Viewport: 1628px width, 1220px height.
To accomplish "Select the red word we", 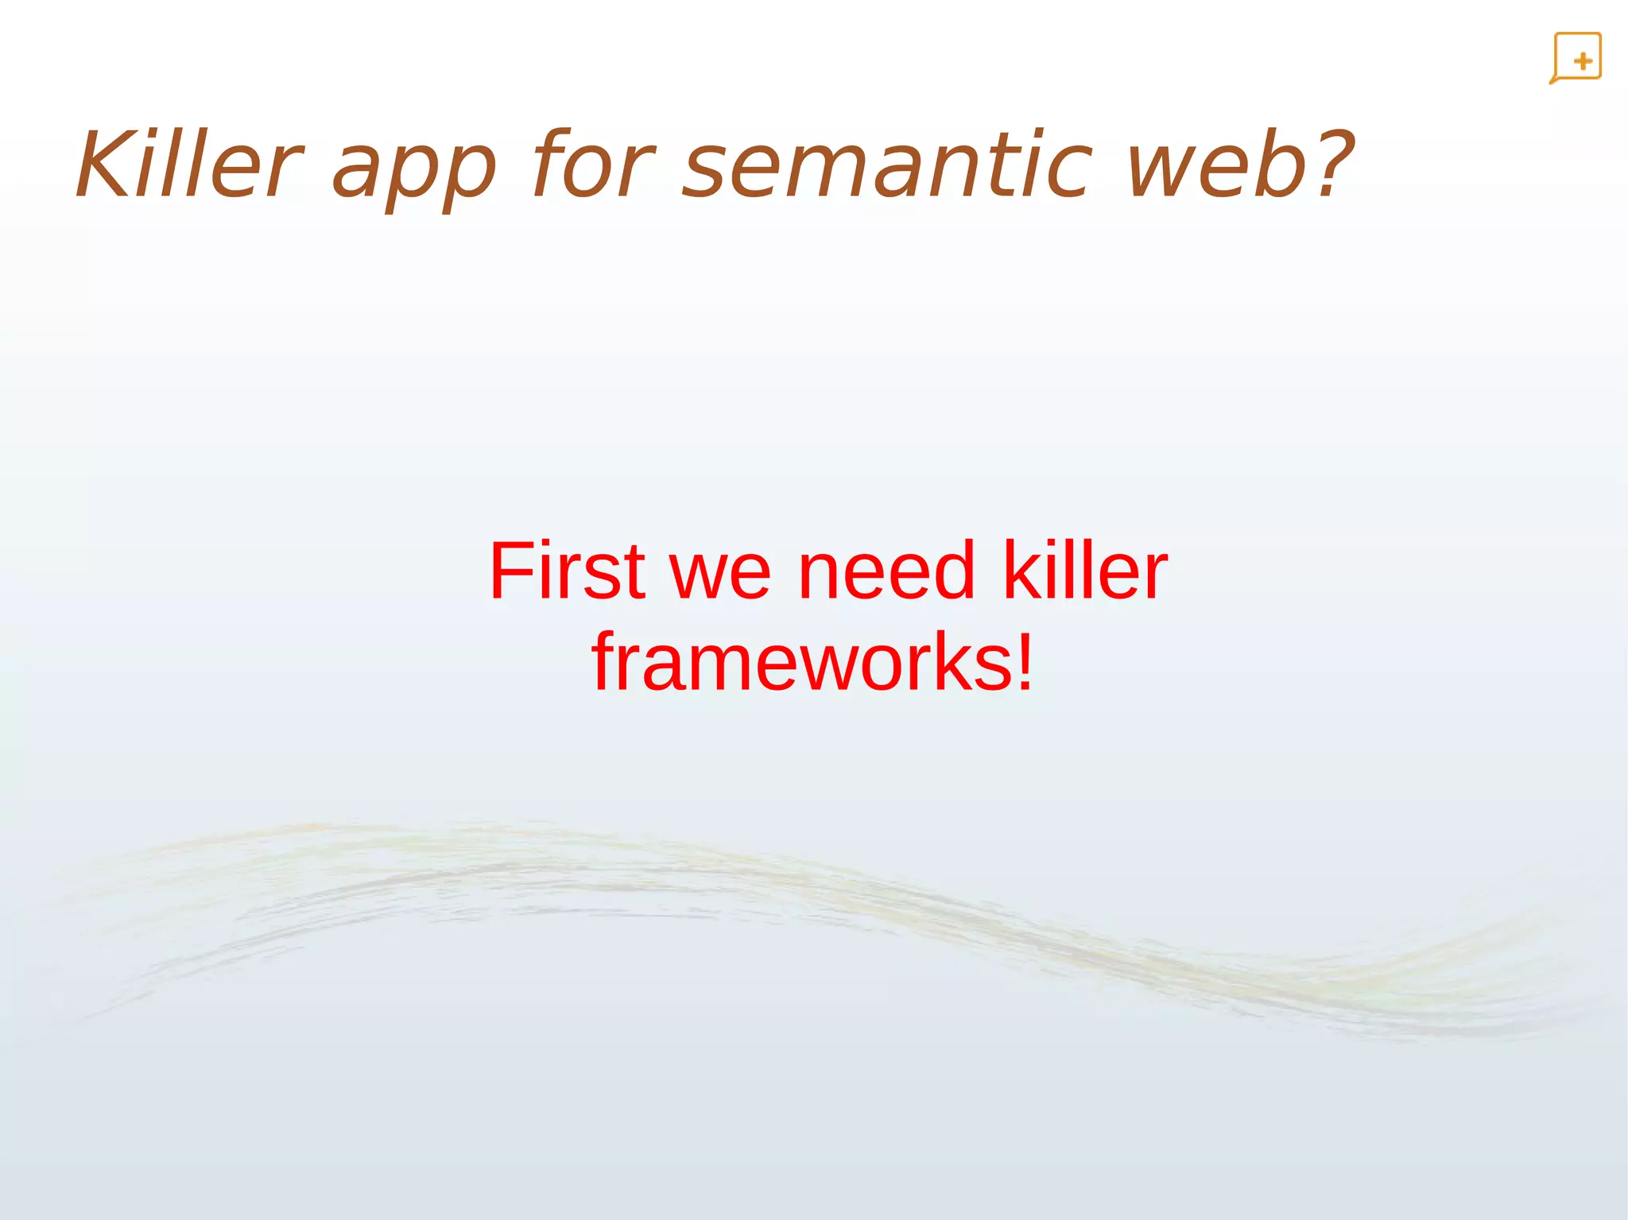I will pos(720,574).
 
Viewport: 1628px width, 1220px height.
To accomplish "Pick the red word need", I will pos(886,570).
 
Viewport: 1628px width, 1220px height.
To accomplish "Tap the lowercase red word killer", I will pos(1085,570).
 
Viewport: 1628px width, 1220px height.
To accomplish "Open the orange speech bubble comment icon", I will pos(1576,58).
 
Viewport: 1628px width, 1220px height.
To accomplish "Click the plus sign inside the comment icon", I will pos(1583,61).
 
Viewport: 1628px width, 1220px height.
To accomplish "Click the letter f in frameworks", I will pos(606,661).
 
